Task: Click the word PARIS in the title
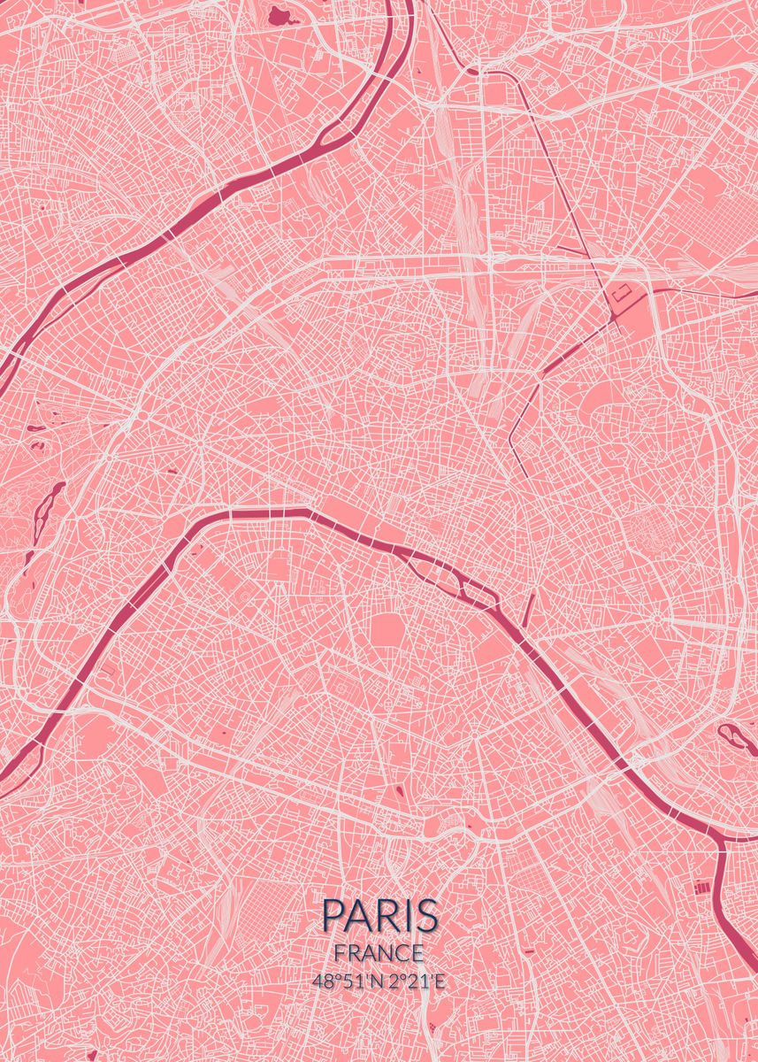click(x=379, y=914)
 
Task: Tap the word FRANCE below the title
click(x=379, y=953)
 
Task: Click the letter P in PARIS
click(x=333, y=914)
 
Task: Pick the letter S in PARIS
click(x=426, y=914)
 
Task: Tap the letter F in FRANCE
click(x=341, y=953)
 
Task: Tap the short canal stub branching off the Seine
click(x=528, y=611)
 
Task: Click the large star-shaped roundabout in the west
click(x=142, y=412)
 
